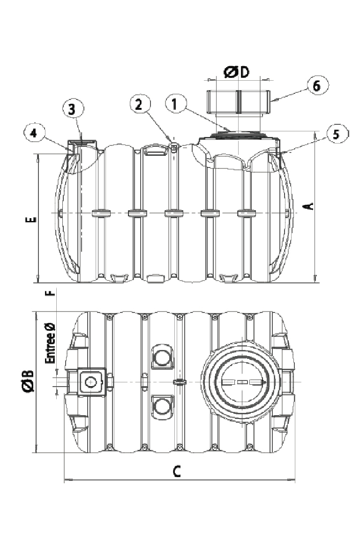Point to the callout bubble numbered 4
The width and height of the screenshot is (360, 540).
[x=33, y=133]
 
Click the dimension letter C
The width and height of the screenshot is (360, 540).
[x=176, y=472]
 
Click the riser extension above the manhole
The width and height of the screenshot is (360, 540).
[x=239, y=102]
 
